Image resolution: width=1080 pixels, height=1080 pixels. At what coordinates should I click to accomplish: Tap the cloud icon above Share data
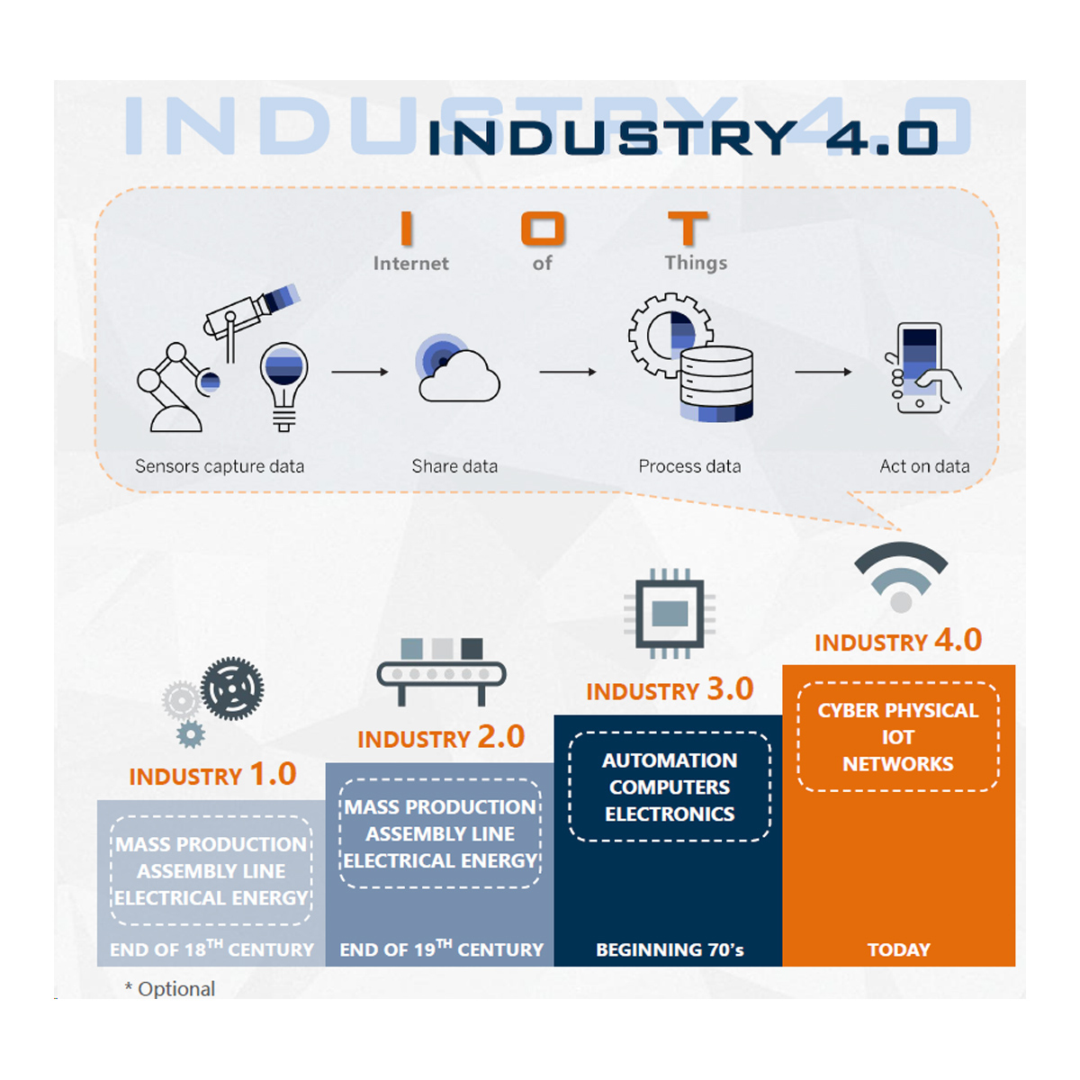pos(459,373)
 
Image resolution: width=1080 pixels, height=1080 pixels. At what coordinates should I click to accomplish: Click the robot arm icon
pos(175,387)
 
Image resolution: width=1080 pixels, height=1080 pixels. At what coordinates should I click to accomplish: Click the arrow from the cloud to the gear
pos(567,372)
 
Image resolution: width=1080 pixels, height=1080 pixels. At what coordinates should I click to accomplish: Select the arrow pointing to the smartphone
pos(823,372)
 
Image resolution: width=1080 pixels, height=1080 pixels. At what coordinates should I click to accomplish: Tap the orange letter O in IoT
pos(543,229)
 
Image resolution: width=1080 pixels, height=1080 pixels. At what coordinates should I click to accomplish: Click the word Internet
pos(410,264)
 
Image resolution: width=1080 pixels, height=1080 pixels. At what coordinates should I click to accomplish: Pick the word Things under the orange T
pos(696,263)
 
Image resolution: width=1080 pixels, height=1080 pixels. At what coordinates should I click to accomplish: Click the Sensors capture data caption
pos(220,466)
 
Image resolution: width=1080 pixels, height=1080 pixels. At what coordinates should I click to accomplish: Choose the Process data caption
pos(689,466)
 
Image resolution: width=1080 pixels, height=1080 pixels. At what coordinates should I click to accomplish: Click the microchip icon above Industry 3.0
pos(670,614)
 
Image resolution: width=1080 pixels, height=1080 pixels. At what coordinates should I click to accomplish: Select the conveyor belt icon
pos(441,671)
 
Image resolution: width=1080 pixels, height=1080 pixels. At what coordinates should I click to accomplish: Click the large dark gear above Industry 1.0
pos(232,688)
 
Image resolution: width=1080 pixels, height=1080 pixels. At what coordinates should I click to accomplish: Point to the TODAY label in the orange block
pos(898,949)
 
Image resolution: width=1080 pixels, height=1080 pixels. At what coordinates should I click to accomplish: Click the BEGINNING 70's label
pos(670,949)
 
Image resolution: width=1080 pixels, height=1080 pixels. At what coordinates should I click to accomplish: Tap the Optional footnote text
pos(171,988)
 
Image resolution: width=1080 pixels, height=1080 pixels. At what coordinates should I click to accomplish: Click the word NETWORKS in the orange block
pos(897,764)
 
